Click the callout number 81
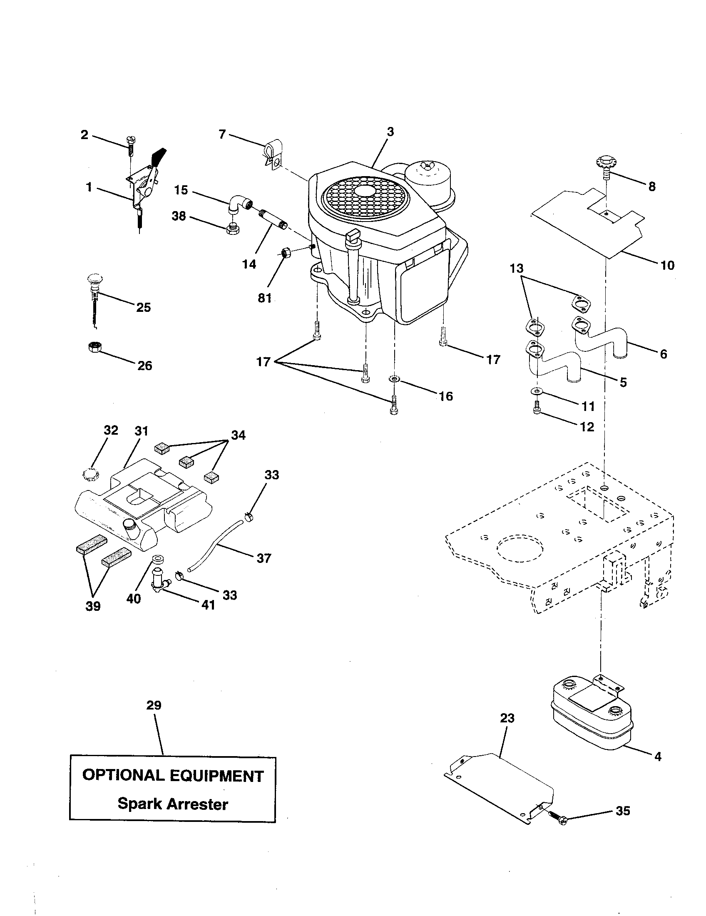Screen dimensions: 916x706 click(264, 298)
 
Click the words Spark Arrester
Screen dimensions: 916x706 click(173, 804)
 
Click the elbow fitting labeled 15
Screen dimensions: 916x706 click(239, 205)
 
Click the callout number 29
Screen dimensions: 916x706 click(154, 705)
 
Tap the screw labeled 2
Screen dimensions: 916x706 click(131, 144)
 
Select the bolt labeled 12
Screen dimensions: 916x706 click(537, 410)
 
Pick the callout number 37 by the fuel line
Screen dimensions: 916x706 click(263, 558)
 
